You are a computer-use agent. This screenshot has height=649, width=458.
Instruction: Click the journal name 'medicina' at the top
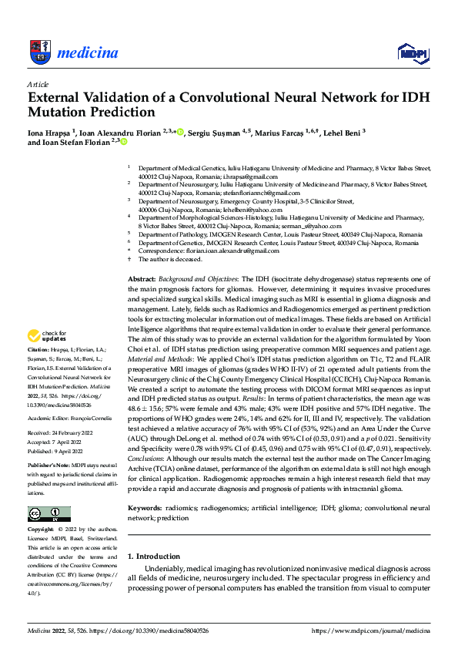[x=94, y=53]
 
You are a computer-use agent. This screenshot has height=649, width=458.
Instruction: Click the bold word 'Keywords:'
[x=145, y=509]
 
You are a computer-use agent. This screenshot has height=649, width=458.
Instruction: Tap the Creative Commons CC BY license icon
[x=48, y=513]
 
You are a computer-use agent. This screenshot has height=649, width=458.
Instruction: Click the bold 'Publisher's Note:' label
[x=48, y=467]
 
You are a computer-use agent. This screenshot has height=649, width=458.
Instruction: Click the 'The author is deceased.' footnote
[x=169, y=260]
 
